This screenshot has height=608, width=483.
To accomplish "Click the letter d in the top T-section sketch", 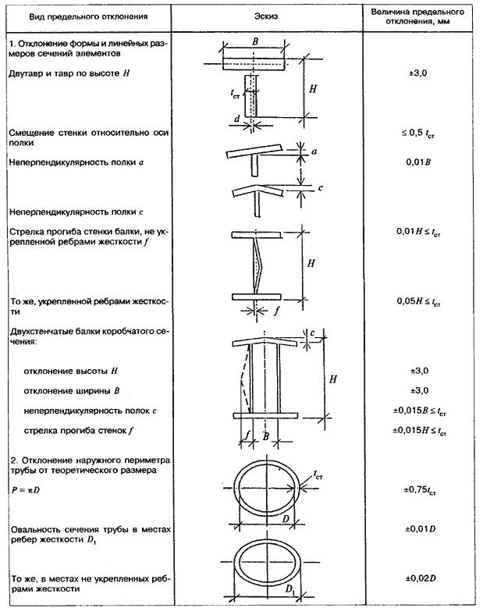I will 236,120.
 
